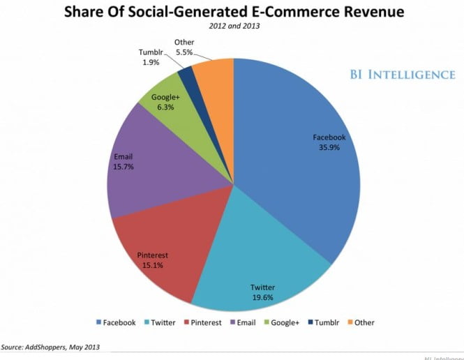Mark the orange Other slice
tap(214, 73)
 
